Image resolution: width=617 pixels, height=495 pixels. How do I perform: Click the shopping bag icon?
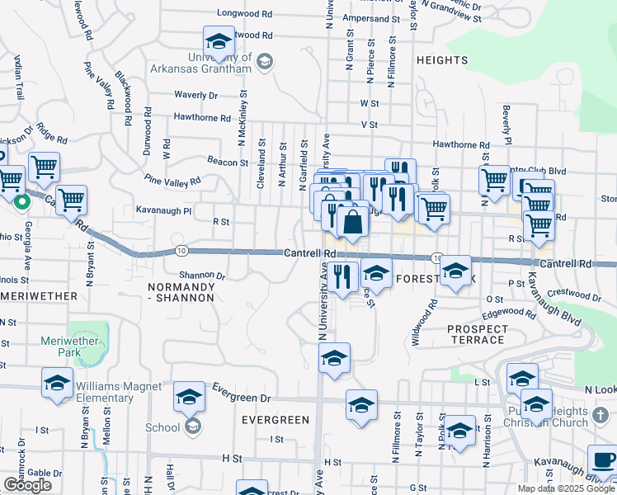pos(352,222)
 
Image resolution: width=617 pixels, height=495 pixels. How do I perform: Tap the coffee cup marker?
pos(603,460)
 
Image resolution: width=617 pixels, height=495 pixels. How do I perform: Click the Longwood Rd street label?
pos(245,14)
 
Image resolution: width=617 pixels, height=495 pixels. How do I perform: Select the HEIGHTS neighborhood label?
pos(442,60)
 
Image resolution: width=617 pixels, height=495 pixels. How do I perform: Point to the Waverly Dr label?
pos(196,96)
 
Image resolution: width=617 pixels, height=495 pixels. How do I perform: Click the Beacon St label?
pos(228,163)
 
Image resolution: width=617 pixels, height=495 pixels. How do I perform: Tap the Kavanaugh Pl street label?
pos(163,211)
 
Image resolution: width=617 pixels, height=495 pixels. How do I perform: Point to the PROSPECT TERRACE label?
pos(477,334)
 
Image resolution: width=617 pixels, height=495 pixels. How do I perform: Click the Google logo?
pos(27,485)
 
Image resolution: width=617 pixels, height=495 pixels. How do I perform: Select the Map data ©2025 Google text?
pos(566,488)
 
